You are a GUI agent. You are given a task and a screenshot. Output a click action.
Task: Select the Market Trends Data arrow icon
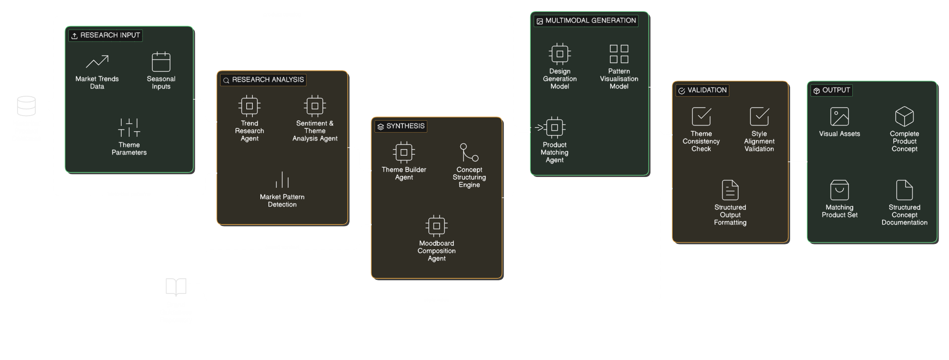[97, 62]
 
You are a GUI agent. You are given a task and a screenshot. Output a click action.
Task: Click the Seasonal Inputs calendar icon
[161, 62]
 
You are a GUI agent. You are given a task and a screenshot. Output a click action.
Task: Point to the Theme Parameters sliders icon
[129, 128]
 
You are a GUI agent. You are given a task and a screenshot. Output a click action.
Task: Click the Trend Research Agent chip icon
[250, 106]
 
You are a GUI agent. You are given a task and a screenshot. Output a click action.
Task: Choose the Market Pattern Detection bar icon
[282, 180]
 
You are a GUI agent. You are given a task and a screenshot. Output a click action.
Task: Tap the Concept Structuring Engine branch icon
[469, 152]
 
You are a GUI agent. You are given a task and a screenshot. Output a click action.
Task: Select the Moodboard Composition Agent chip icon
[437, 226]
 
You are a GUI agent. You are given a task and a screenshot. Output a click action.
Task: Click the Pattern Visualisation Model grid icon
[619, 54]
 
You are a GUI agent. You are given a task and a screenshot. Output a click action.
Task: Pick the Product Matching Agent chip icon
[555, 127]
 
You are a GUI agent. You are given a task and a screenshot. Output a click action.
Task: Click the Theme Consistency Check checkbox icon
[701, 117]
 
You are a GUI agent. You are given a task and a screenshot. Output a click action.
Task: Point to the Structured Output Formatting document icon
[730, 190]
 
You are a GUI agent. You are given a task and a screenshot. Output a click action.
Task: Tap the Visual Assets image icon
[840, 117]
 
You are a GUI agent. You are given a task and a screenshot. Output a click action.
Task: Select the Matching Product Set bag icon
[840, 190]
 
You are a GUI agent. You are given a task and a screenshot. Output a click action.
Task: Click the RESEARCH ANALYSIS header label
[268, 80]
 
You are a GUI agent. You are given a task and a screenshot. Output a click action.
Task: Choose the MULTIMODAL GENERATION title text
[591, 21]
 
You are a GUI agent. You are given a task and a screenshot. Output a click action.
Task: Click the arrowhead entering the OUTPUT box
[804, 162]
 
